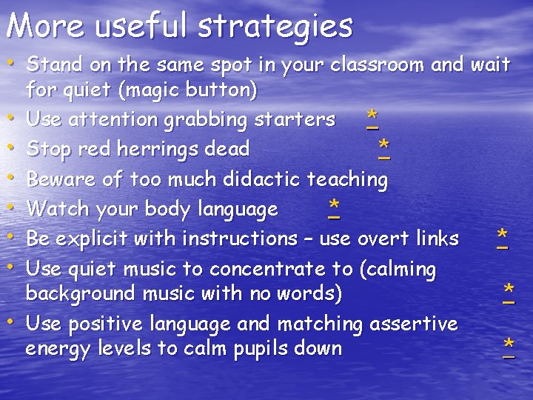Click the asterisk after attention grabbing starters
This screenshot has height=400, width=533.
click(x=372, y=117)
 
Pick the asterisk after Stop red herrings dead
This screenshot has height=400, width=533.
click(x=383, y=146)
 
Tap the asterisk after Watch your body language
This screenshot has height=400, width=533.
click(x=335, y=206)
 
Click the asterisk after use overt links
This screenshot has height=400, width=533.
click(x=503, y=236)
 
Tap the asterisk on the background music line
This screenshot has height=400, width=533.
click(x=509, y=290)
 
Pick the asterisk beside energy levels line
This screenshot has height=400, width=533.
click(x=509, y=346)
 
